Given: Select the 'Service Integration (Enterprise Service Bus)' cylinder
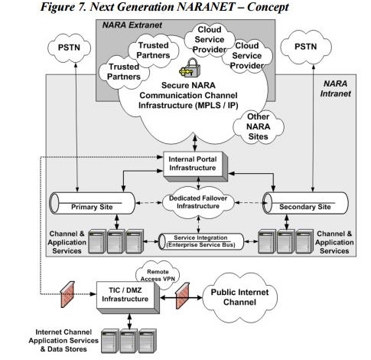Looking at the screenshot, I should point(199,241).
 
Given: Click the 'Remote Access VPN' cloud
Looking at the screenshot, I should point(158,274).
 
